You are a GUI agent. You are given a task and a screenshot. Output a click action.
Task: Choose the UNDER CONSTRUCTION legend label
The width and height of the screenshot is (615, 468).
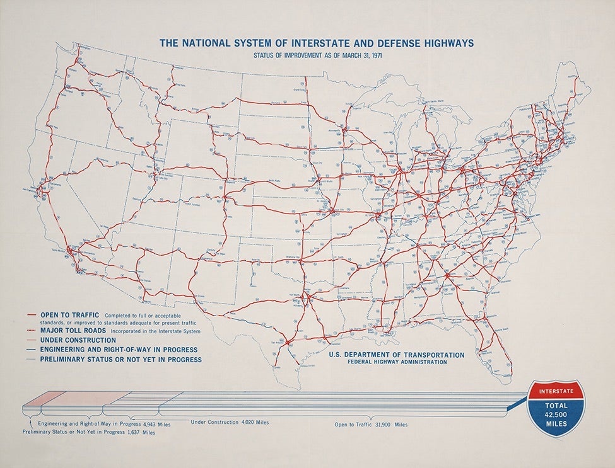pos(79,340)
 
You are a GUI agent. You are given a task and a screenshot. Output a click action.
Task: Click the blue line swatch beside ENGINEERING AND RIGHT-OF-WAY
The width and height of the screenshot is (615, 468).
pos(31,350)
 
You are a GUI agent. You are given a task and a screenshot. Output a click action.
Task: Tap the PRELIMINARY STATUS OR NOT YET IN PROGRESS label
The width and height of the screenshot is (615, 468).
pos(120,360)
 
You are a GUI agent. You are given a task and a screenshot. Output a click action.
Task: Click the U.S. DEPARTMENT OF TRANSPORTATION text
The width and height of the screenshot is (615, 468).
pos(396,355)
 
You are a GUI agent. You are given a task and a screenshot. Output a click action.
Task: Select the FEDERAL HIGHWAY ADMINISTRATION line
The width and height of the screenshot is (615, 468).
pos(396,362)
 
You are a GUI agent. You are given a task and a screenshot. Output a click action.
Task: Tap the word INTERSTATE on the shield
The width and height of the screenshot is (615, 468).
pos(556,391)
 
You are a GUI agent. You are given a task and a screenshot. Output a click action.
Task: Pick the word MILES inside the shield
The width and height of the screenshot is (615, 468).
pos(556,424)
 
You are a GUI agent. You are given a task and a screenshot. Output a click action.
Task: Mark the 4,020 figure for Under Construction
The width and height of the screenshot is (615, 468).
pos(248,421)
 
